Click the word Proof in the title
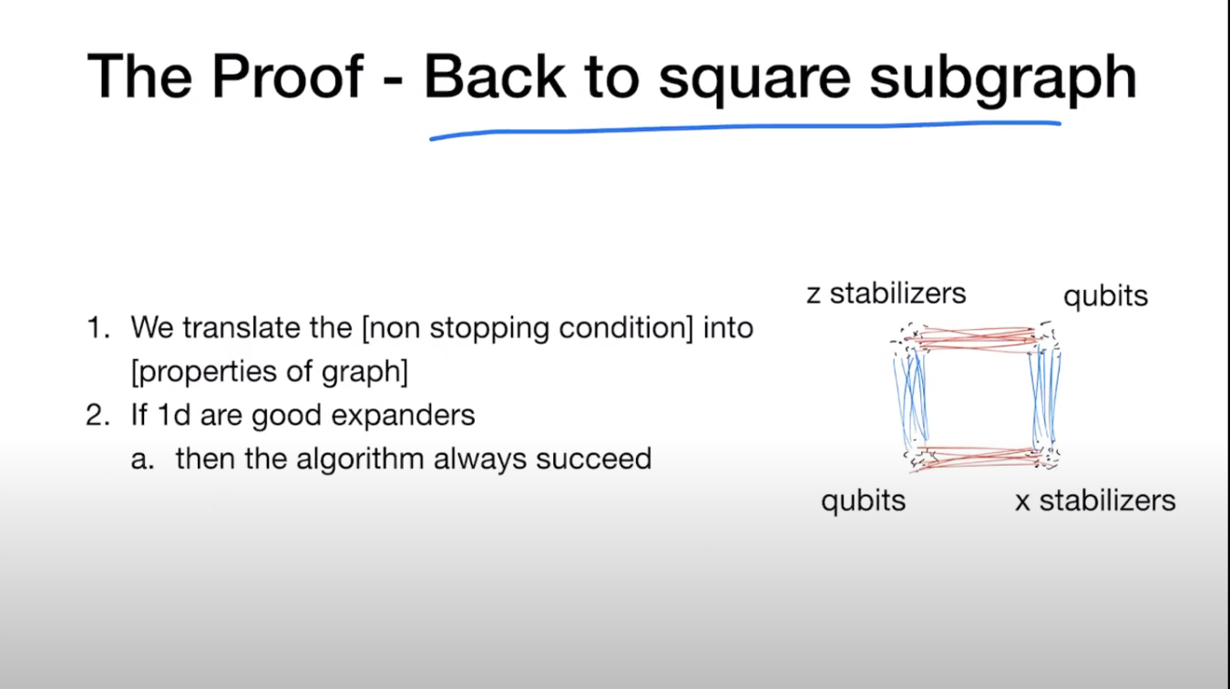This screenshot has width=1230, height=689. point(287,76)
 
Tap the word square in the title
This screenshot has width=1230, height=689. point(754,80)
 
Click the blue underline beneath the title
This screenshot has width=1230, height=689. point(745,129)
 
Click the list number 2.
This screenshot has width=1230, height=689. point(98,416)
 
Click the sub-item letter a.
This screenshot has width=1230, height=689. point(142,459)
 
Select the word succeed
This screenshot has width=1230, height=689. point(593,458)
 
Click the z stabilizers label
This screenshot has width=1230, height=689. point(887,293)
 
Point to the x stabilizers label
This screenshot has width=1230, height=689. point(1095,500)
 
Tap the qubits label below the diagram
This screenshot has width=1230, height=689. point(863,501)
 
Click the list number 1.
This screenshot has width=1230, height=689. point(98,328)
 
